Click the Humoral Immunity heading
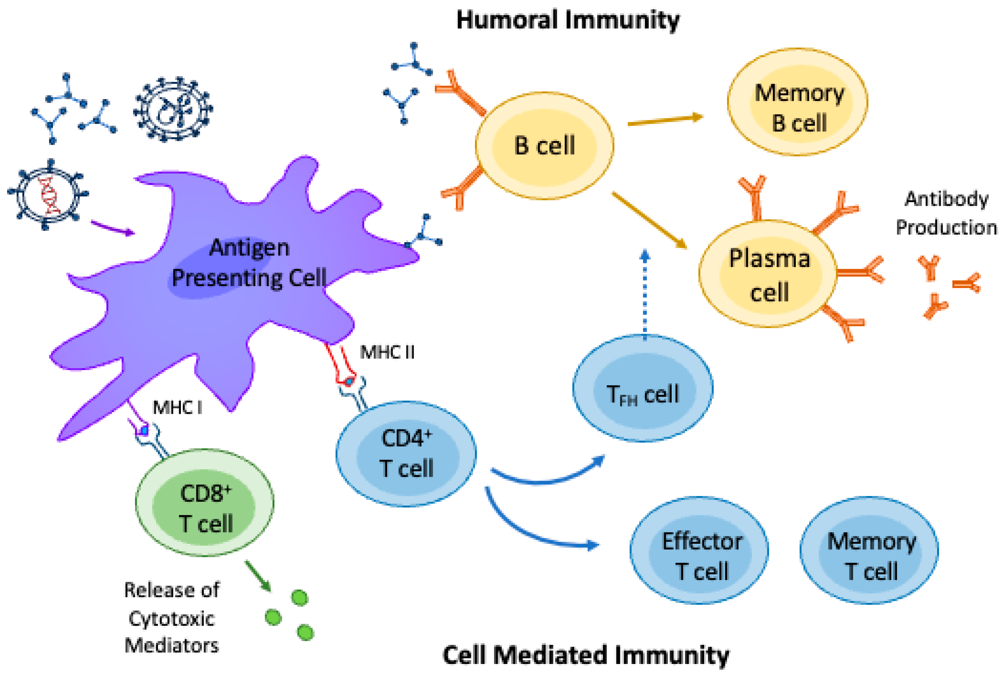567,20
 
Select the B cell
544,145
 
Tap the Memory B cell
797,102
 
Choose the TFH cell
642,388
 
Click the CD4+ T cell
406,453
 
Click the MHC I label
177,407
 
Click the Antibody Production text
946,213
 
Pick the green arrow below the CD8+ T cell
258,576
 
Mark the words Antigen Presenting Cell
249,262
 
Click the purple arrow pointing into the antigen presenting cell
112,228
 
